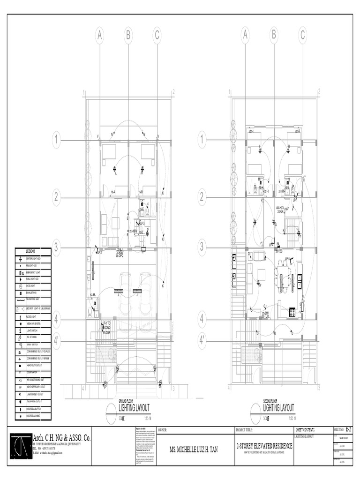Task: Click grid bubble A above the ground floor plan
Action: [x=99, y=35]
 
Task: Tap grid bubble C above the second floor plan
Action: [x=302, y=35]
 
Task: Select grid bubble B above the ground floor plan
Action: [x=128, y=35]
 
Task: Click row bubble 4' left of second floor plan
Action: [x=202, y=337]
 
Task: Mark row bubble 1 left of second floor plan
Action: [x=202, y=139]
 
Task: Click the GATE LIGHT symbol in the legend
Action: [x=21, y=285]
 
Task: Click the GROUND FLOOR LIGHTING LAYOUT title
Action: [x=134, y=407]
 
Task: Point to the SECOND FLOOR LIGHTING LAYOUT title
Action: [x=279, y=407]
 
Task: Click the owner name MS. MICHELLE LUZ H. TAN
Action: [x=194, y=450]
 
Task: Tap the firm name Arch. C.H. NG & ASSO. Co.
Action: [x=62, y=438]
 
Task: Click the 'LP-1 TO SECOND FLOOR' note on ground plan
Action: [x=107, y=327]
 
